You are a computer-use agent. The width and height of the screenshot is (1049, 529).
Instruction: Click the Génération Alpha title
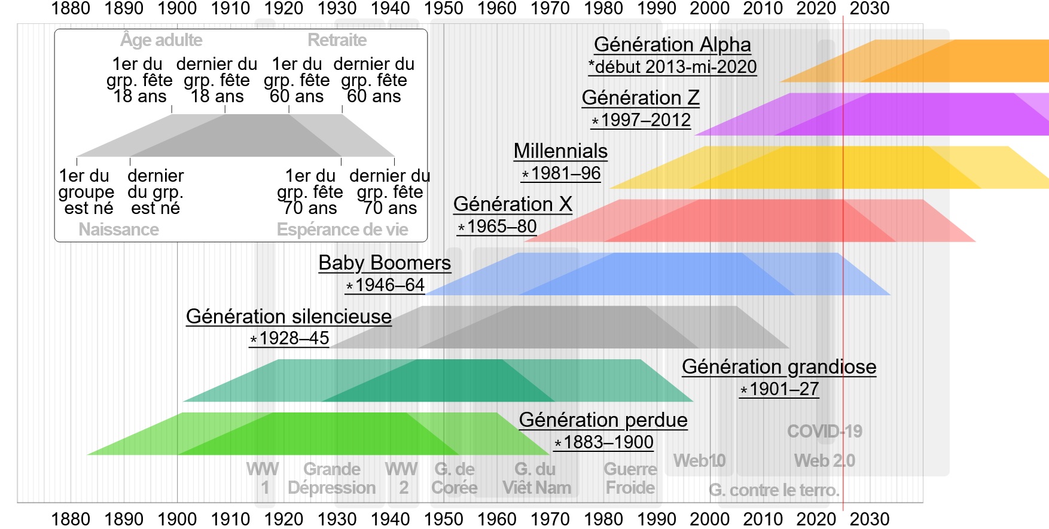(672, 45)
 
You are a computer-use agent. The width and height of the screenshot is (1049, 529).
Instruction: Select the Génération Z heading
(641, 97)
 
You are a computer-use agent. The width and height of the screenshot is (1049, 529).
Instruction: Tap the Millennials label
(560, 151)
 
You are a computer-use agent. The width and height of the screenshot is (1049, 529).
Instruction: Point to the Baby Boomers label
(385, 263)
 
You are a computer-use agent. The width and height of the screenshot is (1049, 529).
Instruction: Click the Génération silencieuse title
(289, 316)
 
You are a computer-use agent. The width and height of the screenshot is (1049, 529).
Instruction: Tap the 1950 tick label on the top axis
(443, 8)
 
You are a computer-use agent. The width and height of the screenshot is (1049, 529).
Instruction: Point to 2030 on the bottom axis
(870, 519)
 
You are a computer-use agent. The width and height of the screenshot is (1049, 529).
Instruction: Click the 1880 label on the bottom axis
(71, 519)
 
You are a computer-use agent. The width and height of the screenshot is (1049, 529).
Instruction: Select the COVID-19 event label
(824, 431)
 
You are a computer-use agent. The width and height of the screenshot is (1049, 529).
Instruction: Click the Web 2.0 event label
(824, 460)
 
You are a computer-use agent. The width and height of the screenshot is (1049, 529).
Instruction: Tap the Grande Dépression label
(332, 478)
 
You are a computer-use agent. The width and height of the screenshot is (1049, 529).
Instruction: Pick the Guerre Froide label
(630, 478)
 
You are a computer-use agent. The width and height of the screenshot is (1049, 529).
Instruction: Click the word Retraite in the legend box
(337, 40)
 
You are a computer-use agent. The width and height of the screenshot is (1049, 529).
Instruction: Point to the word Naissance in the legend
(118, 230)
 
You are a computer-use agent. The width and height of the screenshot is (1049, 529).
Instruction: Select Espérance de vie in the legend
(342, 230)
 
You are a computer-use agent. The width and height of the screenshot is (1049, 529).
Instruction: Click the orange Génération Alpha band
(957, 61)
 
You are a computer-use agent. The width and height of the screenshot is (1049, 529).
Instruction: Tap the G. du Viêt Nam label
(536, 478)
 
